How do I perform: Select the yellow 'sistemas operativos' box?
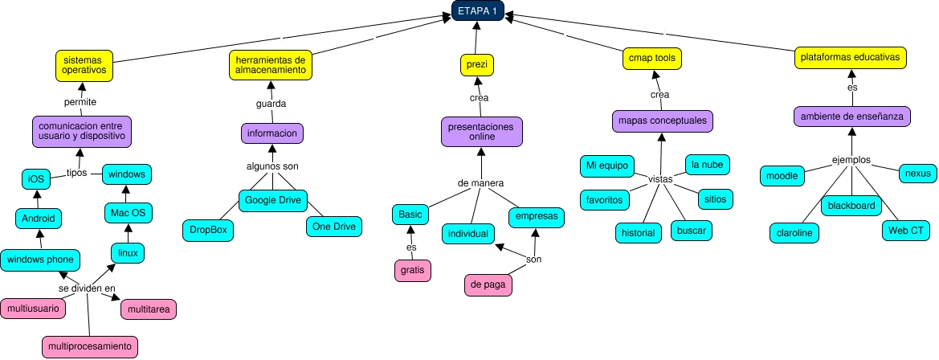(84, 65)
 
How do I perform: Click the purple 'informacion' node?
(272, 133)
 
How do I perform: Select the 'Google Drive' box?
(272, 199)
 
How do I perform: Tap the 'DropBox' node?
(208, 230)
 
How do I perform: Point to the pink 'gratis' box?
(412, 271)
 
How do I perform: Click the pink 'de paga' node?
(488, 284)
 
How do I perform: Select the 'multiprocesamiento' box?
(90, 347)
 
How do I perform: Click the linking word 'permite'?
(80, 102)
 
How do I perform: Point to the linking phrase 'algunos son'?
(272, 166)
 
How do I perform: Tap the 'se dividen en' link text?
(87, 288)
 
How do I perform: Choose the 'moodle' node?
(782, 175)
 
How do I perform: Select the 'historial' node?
(639, 232)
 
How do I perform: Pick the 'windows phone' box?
(40, 260)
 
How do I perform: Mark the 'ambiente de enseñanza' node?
(851, 117)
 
